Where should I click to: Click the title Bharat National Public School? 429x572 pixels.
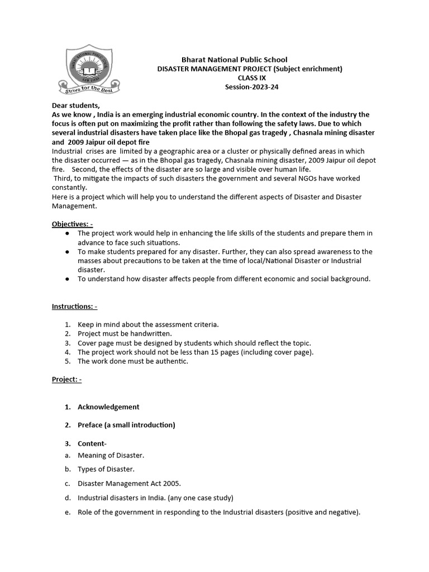coord(234,60)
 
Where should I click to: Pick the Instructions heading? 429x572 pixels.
coord(75,307)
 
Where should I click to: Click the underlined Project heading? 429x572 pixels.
coord(66,379)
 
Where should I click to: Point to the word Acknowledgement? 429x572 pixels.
coord(108,407)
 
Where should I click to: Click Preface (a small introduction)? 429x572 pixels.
coord(126,425)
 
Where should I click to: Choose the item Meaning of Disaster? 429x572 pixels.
coord(111,456)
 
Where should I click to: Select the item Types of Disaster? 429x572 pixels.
coord(106,469)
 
